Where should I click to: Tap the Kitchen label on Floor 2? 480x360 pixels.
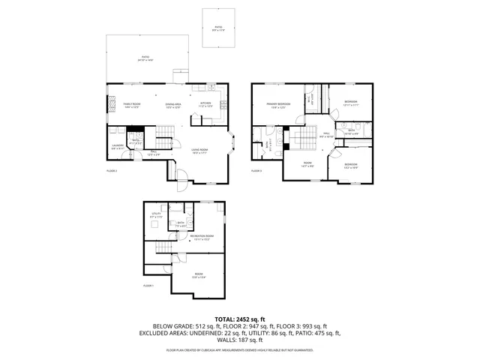point(205,105)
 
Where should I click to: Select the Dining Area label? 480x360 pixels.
point(173,105)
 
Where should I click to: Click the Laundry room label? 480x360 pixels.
point(118,147)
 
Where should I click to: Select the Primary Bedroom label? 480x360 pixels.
point(276,106)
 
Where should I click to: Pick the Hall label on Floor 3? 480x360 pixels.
point(326,136)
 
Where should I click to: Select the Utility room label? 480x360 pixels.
point(157,215)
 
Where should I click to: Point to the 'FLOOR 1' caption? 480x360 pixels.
point(148,286)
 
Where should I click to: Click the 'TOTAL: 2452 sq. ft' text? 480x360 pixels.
point(240,319)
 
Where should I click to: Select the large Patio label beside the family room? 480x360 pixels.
point(146,58)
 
